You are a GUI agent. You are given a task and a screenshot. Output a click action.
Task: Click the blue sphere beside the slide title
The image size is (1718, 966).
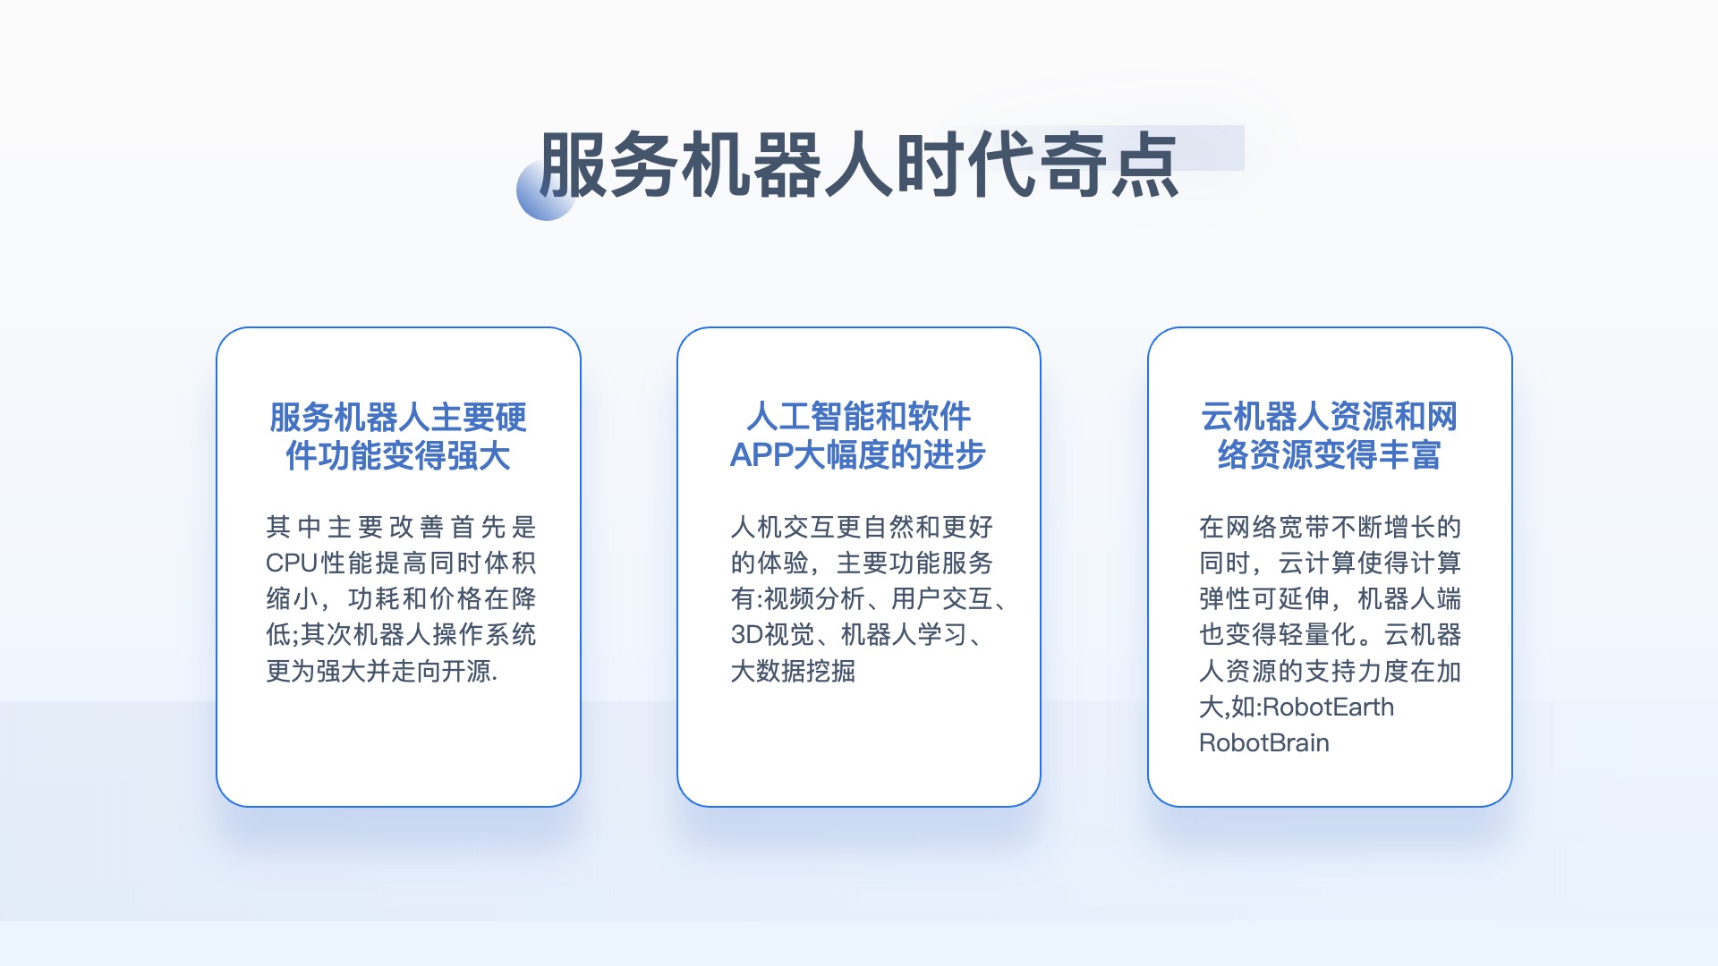point(546,191)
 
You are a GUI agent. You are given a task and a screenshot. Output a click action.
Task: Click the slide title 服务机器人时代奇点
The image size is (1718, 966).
point(859,165)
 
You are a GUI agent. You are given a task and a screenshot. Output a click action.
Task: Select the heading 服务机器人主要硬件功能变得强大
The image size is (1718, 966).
point(398,436)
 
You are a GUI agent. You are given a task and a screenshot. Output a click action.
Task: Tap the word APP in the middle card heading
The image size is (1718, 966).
point(761,455)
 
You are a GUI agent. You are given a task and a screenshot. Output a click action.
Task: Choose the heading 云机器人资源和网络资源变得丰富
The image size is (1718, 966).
point(1330,436)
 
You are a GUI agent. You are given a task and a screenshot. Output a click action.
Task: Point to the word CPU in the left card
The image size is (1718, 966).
point(292,563)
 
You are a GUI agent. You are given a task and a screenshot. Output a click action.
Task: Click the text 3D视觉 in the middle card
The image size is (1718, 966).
point(772,634)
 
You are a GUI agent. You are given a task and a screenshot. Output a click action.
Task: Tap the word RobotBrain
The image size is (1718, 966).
point(1264,742)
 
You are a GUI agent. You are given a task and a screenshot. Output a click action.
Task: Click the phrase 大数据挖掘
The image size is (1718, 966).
point(793,671)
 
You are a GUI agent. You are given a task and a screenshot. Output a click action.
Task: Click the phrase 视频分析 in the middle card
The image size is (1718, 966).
point(813,598)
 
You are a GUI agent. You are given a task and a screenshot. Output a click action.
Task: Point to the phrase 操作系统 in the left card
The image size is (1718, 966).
point(484,634)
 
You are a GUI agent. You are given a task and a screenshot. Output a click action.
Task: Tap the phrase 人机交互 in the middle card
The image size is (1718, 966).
point(782,527)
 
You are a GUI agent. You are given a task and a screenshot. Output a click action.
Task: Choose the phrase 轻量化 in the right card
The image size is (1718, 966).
point(1317,634)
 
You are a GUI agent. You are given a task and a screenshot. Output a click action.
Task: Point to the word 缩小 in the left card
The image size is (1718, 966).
point(292,598)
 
